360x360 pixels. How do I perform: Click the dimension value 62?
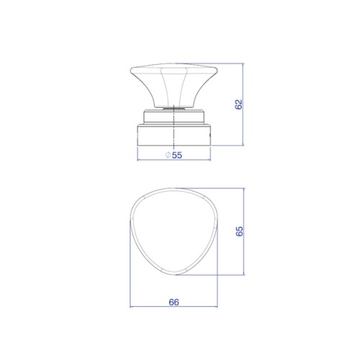coord(238,104)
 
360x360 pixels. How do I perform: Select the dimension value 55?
coord(177,155)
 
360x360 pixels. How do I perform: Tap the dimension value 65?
coord(239,231)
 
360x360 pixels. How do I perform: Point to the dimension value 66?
coord(174,302)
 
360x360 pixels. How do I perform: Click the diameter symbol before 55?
coord(168,155)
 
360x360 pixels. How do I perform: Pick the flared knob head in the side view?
coord(174,85)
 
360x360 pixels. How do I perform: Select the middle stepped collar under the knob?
coord(174,117)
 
